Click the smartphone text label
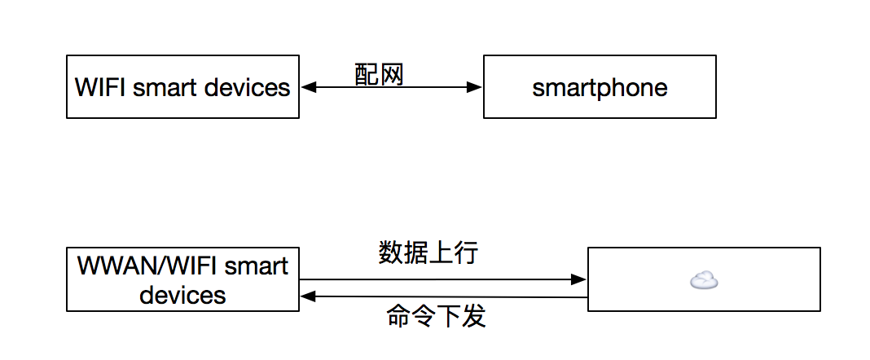(600, 88)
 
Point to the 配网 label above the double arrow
(380, 74)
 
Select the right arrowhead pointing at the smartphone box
(475, 88)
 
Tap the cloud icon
(704, 281)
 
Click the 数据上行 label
(428, 252)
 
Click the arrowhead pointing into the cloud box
(578, 279)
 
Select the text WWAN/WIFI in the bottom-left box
(148, 266)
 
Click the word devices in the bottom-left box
(182, 294)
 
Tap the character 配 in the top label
(367, 74)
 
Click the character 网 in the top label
(392, 74)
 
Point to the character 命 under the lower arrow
(398, 316)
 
